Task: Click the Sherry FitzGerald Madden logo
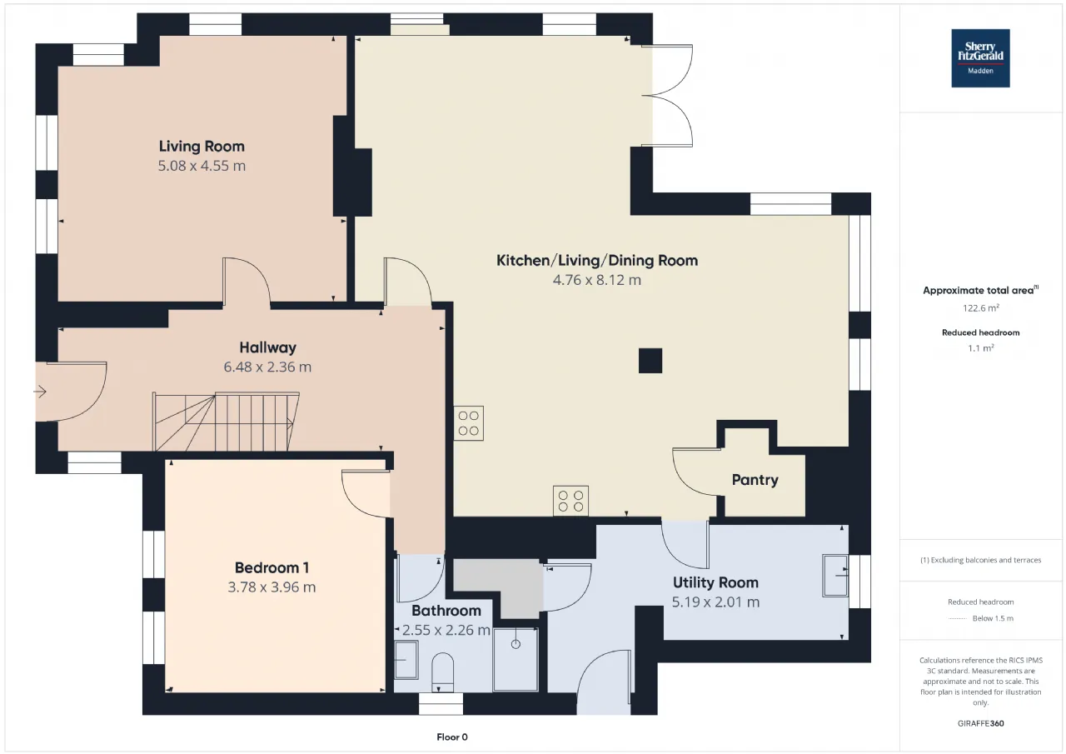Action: point(980,58)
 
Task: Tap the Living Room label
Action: point(202,146)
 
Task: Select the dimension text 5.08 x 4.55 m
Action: point(202,166)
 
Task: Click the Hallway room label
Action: point(267,347)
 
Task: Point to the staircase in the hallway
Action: point(226,422)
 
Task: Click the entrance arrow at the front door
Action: point(40,392)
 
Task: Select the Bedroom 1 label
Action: point(271,567)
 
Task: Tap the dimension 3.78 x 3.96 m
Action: point(271,587)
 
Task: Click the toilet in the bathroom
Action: point(442,672)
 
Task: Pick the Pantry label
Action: point(755,480)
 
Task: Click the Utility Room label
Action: point(715,582)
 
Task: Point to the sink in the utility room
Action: point(835,575)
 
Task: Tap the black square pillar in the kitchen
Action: point(650,361)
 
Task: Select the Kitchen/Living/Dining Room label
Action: point(597,261)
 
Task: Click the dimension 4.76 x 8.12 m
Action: point(597,280)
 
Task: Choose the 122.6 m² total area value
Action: point(981,308)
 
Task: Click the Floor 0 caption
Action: point(452,737)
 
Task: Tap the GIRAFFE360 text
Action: point(981,723)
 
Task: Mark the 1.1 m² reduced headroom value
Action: point(981,348)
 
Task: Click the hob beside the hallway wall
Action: point(468,423)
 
